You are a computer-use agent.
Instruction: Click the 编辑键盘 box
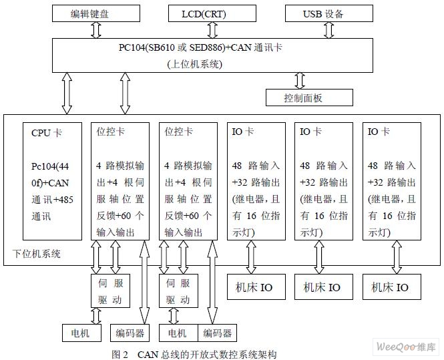(96, 13)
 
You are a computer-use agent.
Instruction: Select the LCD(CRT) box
(212, 13)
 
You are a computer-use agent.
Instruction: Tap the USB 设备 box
(328, 13)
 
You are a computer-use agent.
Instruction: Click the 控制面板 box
(309, 98)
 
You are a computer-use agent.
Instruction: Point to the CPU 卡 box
(52, 181)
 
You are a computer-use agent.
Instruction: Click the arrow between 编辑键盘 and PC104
(96, 30)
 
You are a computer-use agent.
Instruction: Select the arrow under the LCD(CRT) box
(212, 30)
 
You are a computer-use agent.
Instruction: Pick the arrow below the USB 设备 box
(328, 30)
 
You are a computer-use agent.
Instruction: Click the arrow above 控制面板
(300, 81)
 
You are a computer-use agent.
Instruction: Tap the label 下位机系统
(37, 254)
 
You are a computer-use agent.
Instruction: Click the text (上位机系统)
(194, 64)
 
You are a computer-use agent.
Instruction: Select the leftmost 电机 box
(81, 333)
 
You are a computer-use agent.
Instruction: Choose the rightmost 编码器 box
(217, 333)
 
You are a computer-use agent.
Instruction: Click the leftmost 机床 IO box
(256, 287)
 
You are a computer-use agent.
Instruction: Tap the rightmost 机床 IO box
(392, 287)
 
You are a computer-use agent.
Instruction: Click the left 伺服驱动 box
(110, 291)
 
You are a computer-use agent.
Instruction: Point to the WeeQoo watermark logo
(405, 347)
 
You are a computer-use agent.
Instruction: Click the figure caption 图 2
(120, 355)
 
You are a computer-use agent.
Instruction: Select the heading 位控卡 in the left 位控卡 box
(110, 132)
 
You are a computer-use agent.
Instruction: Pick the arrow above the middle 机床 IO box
(319, 257)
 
